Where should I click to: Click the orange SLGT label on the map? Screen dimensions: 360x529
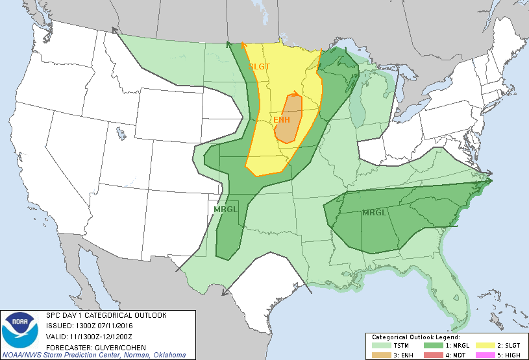coord(259,66)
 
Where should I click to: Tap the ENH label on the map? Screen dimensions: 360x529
coord(281,119)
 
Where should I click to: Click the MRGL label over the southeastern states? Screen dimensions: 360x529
coord(374,213)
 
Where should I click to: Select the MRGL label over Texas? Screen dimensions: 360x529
coord(226,210)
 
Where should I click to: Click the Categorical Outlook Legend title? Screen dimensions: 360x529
coord(415,337)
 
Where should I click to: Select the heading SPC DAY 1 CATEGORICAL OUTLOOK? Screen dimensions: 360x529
coord(106,315)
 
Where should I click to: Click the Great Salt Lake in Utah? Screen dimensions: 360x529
coord(121,134)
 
